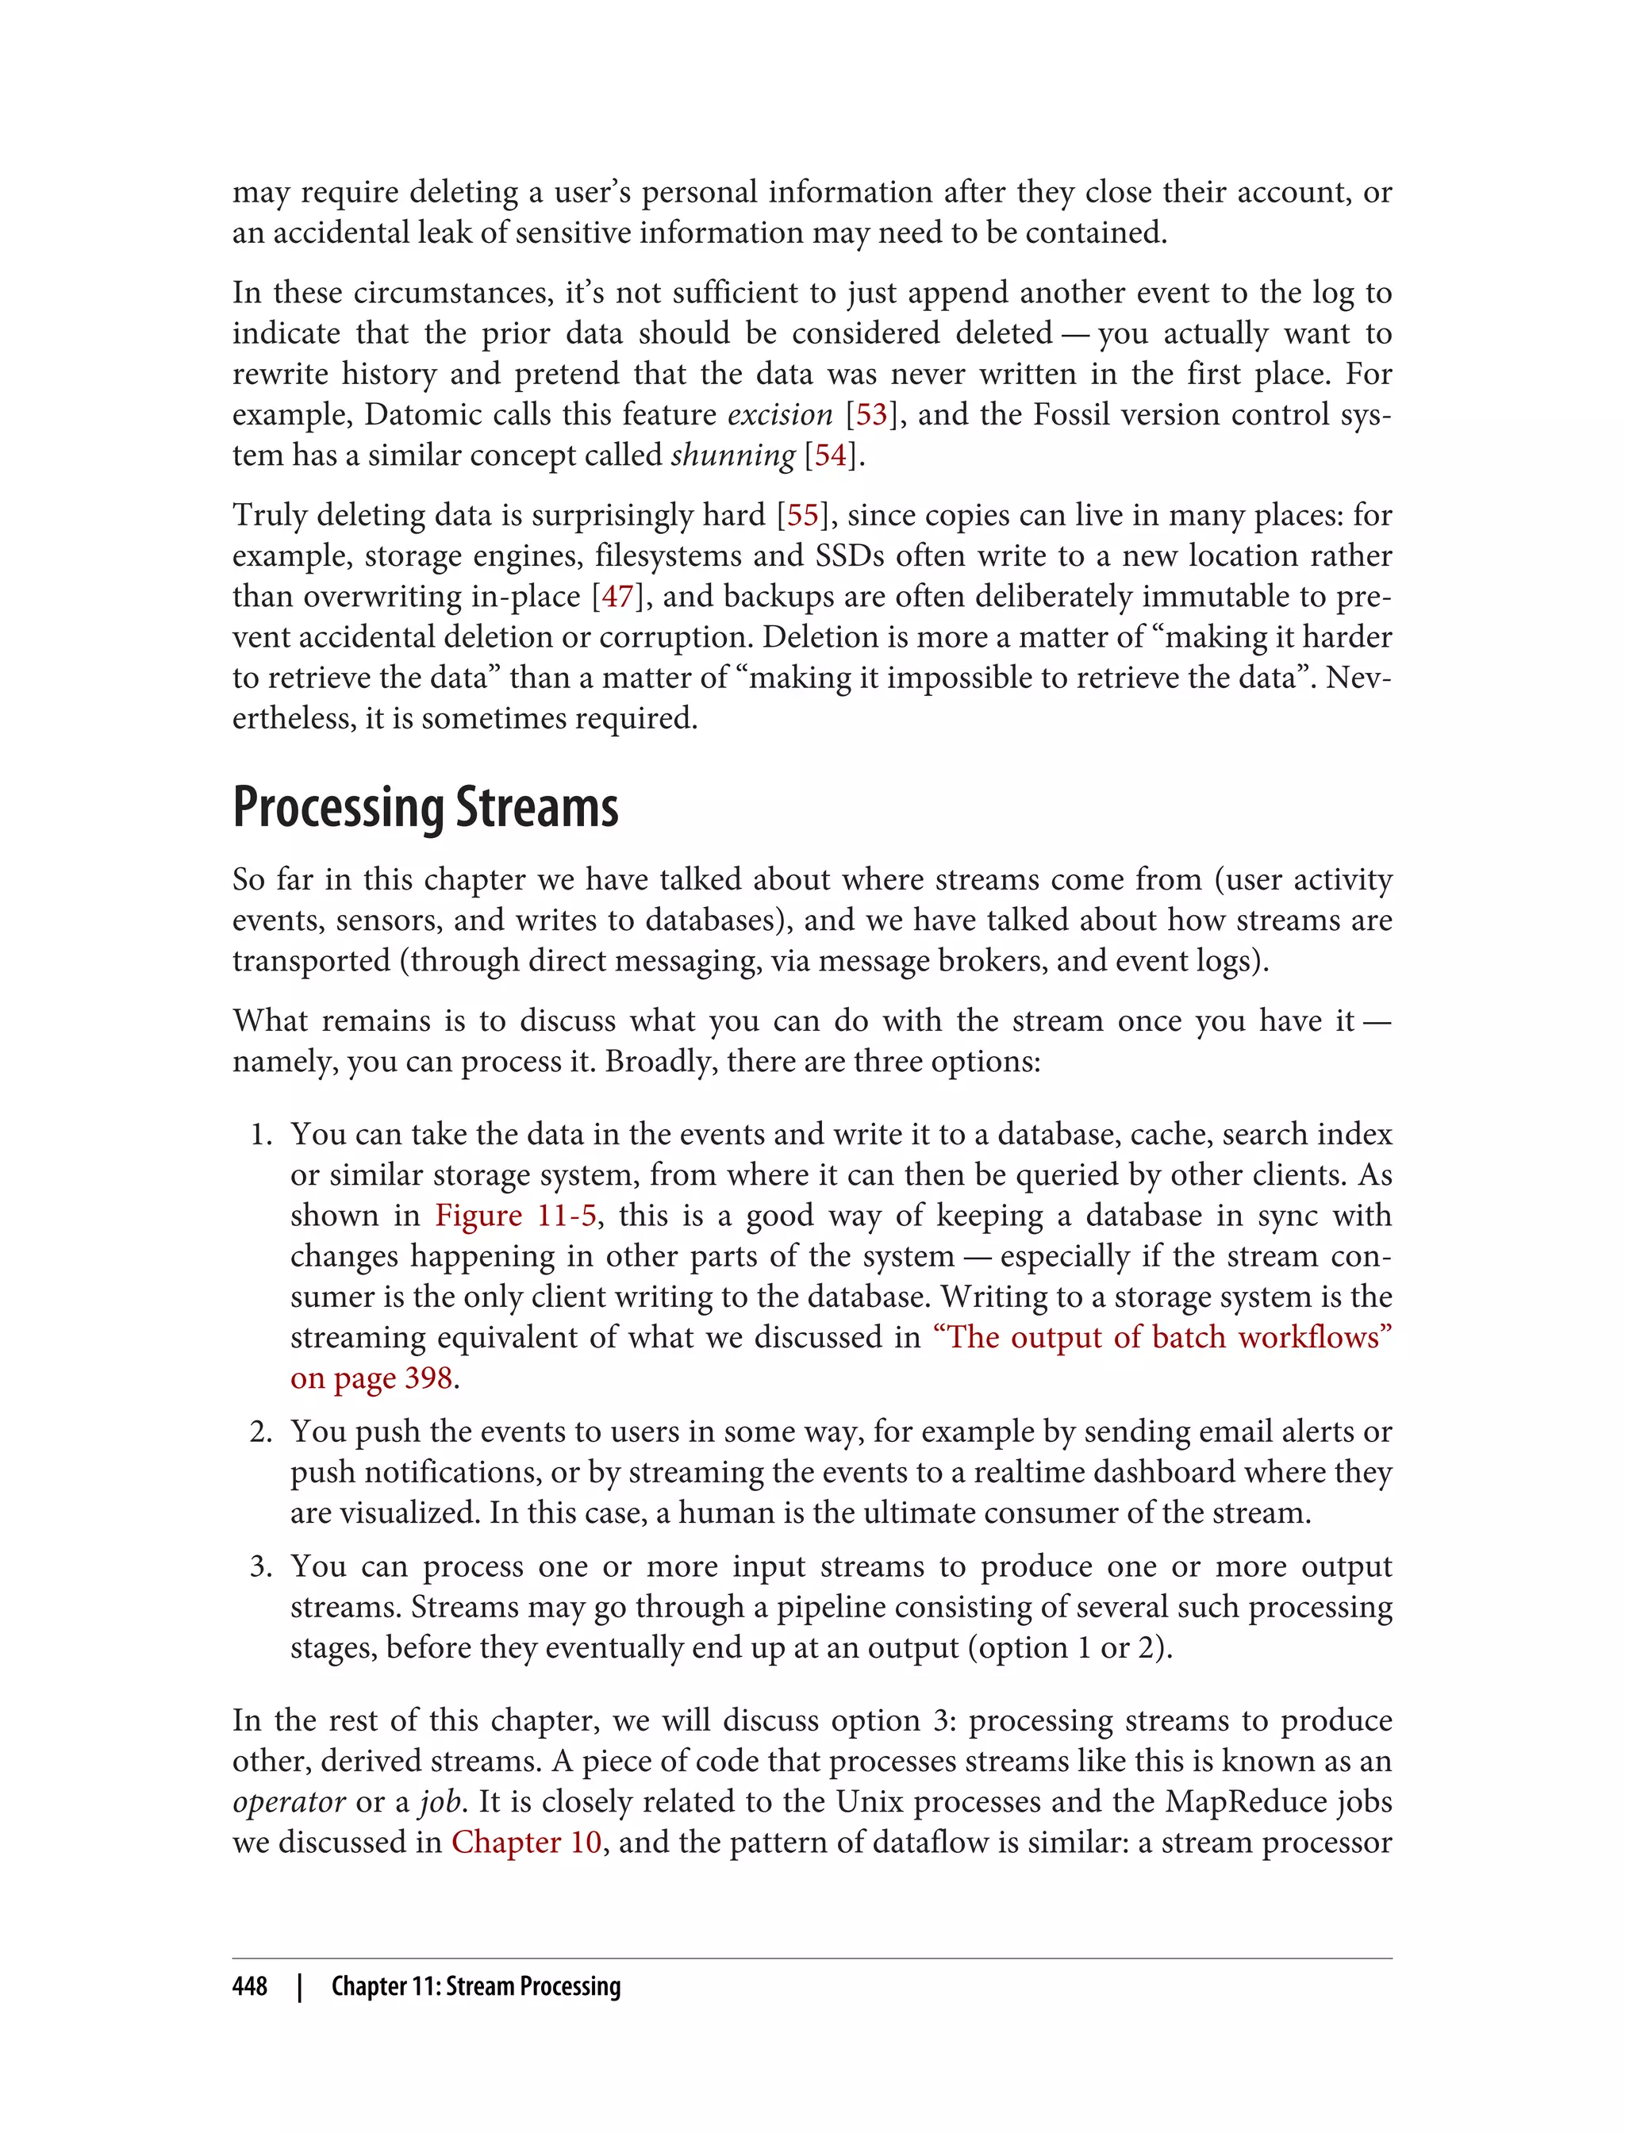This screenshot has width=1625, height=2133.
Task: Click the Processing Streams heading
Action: [x=425, y=808]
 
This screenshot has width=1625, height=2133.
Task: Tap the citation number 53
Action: [x=870, y=415]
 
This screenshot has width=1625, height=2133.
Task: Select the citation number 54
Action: [x=830, y=455]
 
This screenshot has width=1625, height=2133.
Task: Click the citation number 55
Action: [x=802, y=516]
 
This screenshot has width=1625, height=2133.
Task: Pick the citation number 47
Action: [x=617, y=597]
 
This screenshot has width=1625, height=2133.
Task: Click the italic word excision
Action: [x=780, y=415]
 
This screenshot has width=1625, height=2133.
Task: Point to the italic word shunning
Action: [x=732, y=455]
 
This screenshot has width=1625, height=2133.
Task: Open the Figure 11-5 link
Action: [x=516, y=1215]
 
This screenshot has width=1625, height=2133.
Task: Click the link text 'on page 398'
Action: [x=371, y=1378]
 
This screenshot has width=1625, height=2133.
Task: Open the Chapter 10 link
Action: [x=527, y=1842]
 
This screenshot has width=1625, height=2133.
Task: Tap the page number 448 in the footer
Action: [x=250, y=1986]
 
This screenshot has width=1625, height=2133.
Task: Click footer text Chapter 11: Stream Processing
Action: [x=476, y=1986]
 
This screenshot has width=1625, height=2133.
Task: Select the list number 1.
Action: [x=260, y=1135]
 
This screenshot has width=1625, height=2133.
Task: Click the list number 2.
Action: [x=260, y=1432]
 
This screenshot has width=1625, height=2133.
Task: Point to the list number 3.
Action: [x=260, y=1566]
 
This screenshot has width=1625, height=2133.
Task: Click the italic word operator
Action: [x=288, y=1802]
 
